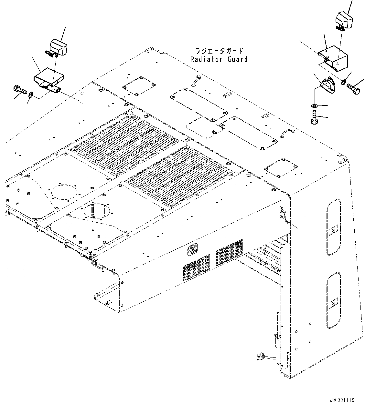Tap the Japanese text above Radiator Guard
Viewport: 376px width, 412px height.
pyautogui.click(x=219, y=51)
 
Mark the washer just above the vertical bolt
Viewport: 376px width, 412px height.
pyautogui.click(x=314, y=106)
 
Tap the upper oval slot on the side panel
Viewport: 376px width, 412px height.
pyautogui.click(x=333, y=227)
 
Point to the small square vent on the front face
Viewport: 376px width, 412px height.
pyautogui.click(x=193, y=249)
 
